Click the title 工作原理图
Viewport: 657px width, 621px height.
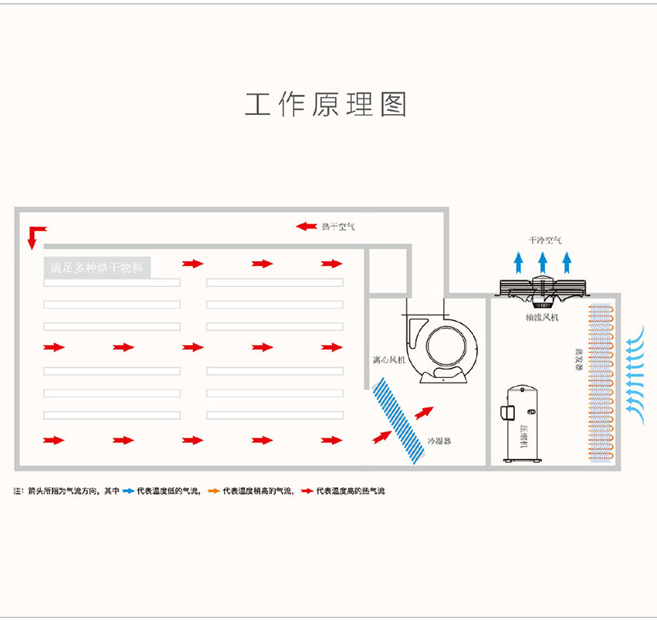(326, 104)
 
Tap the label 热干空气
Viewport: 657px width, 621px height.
(338, 226)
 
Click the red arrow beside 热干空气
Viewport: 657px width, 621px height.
(306, 226)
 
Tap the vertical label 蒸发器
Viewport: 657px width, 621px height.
(578, 358)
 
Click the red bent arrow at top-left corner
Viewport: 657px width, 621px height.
(34, 235)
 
